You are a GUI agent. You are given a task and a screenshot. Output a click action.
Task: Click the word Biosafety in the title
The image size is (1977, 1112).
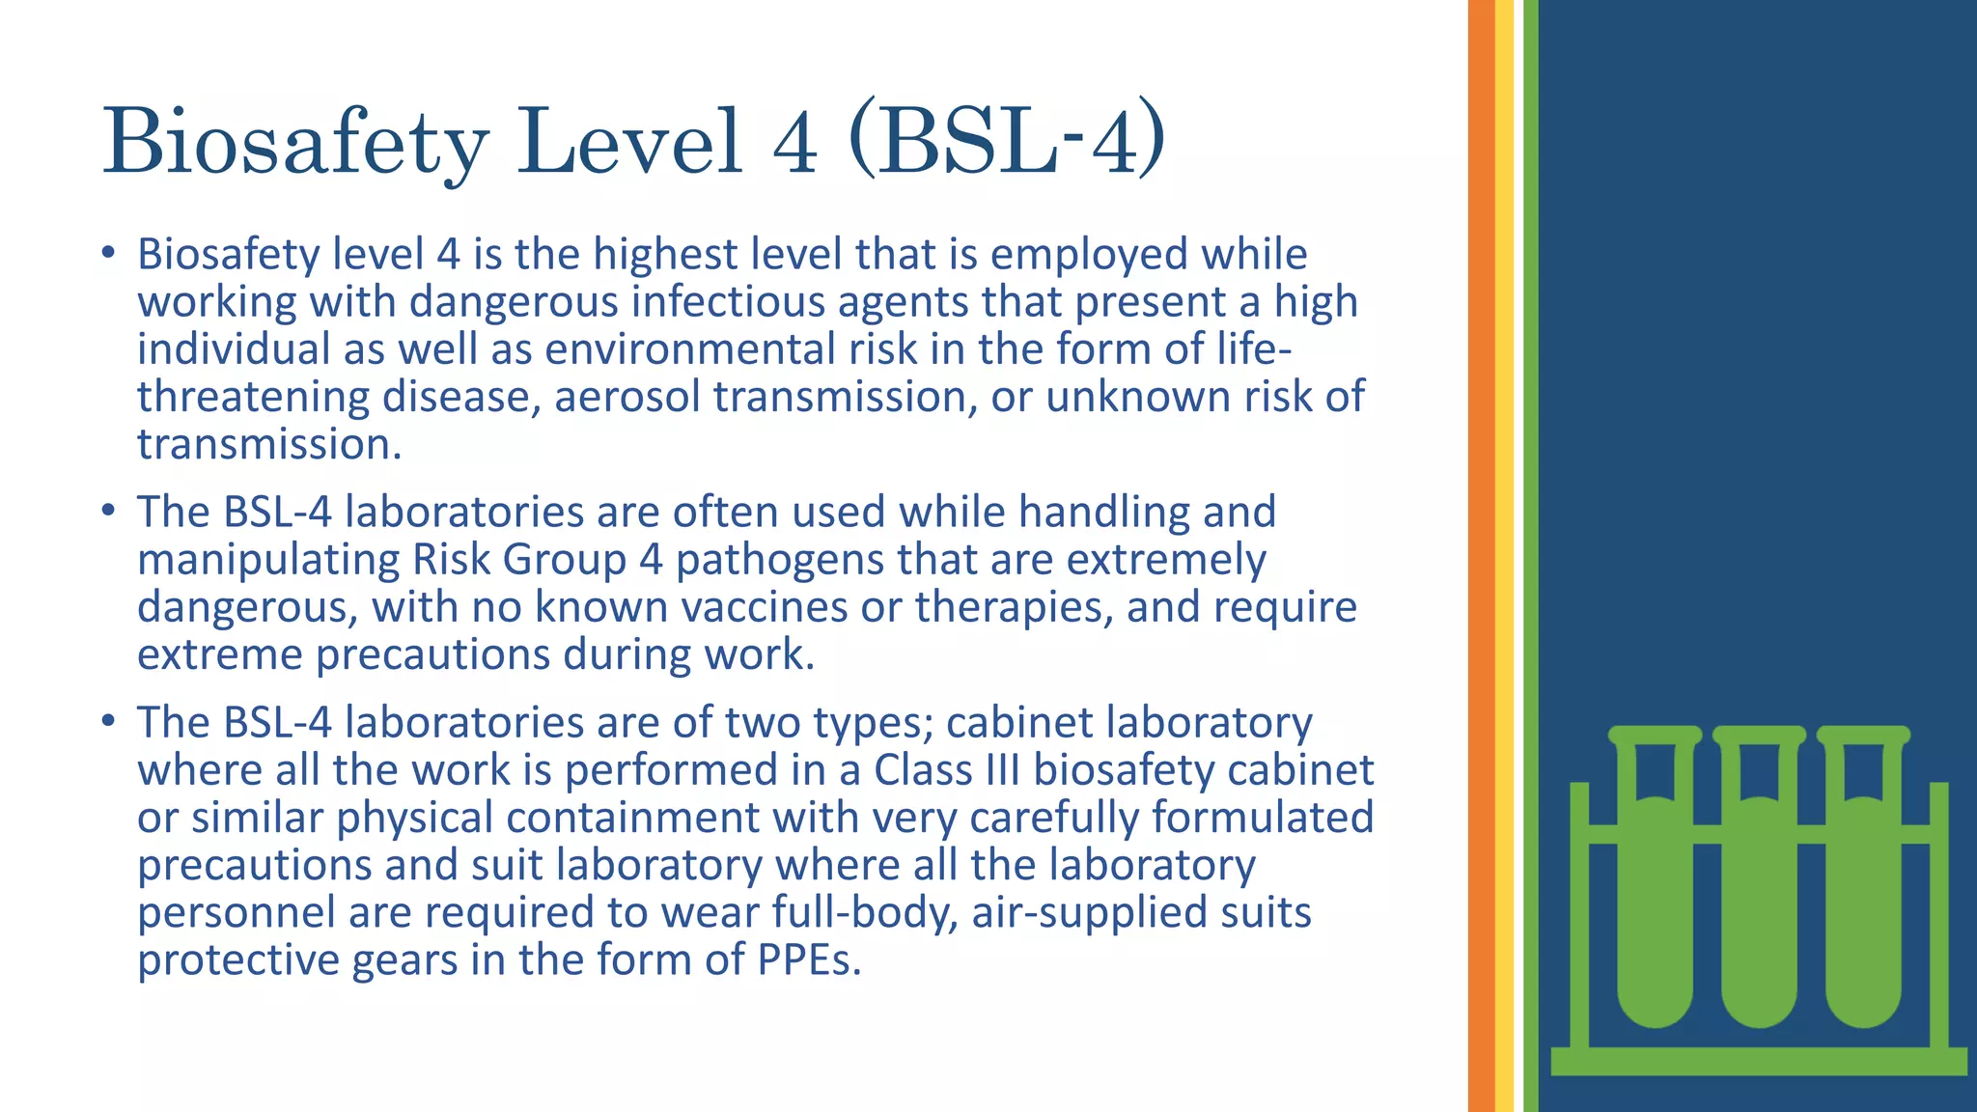coord(294,142)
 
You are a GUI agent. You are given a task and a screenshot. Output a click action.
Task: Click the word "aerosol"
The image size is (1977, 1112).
coord(627,397)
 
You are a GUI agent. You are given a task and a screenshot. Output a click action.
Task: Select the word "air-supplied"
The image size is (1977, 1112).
coord(1082,912)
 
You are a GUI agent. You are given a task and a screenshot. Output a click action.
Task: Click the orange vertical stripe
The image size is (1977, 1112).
coord(1481,556)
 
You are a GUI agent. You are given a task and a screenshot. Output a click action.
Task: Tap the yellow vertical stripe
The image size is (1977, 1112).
coord(1504,556)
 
